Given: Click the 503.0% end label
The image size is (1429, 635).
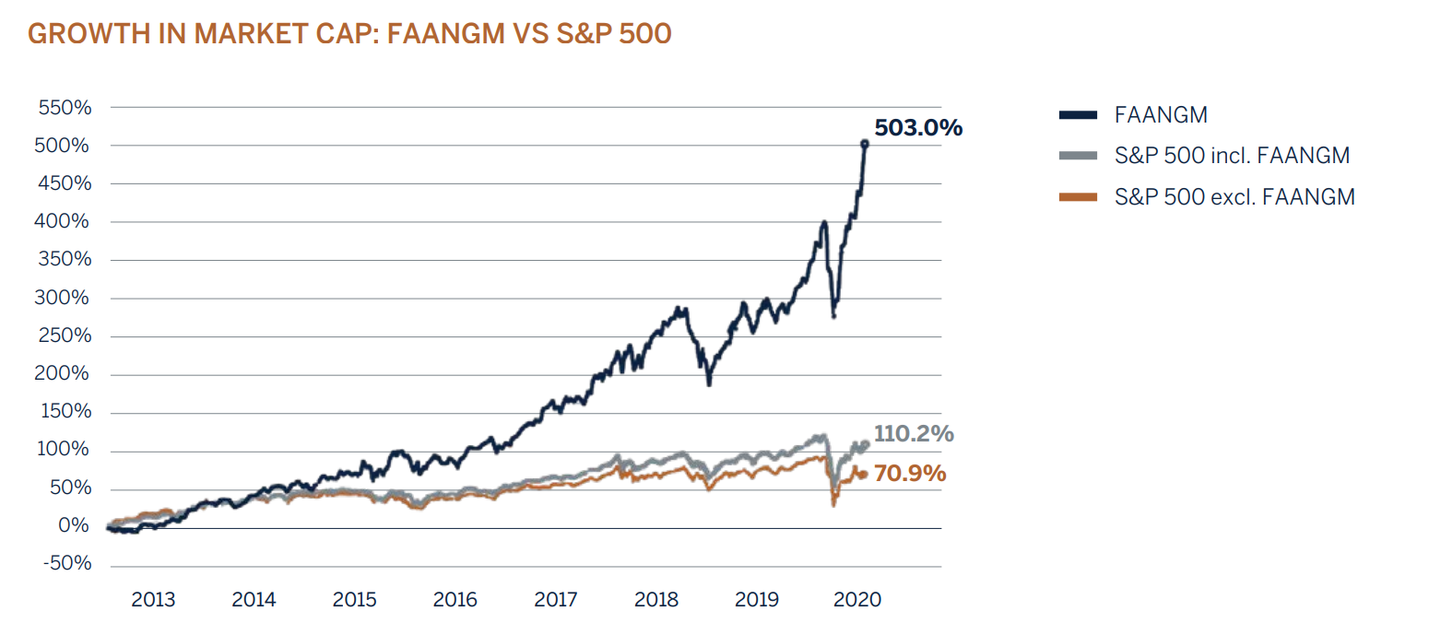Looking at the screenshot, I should [x=917, y=128].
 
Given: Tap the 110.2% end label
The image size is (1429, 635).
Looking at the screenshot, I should [x=914, y=433].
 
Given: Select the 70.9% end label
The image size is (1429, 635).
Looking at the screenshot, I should [x=910, y=474].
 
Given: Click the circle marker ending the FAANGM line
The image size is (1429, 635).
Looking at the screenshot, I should [x=864, y=143].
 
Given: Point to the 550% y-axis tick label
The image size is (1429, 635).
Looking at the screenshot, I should [x=65, y=108].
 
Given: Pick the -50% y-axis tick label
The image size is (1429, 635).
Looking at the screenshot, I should [x=68, y=563].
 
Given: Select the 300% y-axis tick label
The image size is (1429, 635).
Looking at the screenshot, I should [x=65, y=298].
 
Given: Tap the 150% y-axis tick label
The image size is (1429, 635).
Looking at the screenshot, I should [x=65, y=411].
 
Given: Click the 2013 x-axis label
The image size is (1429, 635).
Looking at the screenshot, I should [x=153, y=600].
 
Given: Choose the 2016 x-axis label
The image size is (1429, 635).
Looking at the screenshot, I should [x=455, y=600].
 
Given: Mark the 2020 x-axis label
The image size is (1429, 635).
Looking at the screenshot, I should [x=858, y=600].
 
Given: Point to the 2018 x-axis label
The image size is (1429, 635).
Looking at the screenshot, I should [x=656, y=600].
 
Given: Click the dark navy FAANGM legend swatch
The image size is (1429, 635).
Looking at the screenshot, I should [x=1078, y=115].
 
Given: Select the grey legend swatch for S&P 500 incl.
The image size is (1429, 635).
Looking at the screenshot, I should [x=1078, y=156].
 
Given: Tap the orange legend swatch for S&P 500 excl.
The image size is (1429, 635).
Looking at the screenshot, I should [x=1078, y=196].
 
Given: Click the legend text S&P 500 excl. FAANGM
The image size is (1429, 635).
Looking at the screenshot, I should [x=1234, y=196].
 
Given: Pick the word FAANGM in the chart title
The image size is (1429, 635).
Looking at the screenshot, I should [x=443, y=34].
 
